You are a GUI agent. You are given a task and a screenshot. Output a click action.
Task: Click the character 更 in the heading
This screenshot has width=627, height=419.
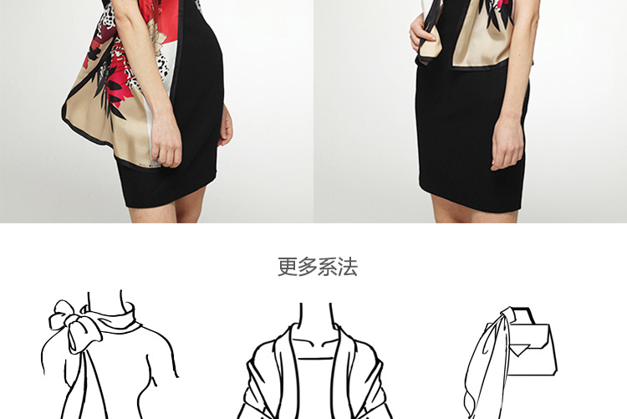(x=288, y=267)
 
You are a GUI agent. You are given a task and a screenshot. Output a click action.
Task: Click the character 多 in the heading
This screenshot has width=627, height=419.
(x=308, y=267)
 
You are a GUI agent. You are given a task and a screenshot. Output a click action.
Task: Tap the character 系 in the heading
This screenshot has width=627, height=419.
(x=328, y=267)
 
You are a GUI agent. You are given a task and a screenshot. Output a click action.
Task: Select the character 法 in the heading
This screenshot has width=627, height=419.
(x=348, y=267)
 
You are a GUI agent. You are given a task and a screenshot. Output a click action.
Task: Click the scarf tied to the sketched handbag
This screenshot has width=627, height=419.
(x=486, y=360)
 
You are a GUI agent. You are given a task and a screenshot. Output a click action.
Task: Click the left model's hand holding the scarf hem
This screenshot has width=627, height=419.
(x=166, y=140)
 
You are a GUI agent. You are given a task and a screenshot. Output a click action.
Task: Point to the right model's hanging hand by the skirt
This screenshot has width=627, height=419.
(x=507, y=143)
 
